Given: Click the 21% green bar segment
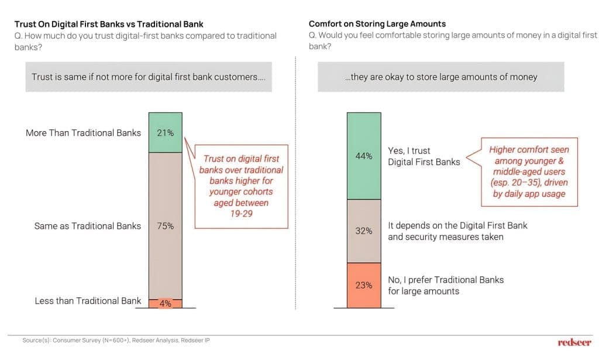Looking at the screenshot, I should (x=166, y=132).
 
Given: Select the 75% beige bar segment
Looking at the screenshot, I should (x=166, y=225).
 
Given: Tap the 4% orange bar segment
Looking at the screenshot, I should (x=166, y=303).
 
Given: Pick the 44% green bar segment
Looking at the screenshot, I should (x=363, y=156).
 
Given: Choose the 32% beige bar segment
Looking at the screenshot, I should (x=363, y=231).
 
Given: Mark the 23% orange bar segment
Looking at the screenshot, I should (x=363, y=285).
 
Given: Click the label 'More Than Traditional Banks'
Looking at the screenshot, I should (x=83, y=133).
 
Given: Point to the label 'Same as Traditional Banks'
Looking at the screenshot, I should (x=88, y=226).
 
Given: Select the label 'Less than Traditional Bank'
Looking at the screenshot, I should (x=88, y=301).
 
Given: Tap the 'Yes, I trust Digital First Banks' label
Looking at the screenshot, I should (x=424, y=156).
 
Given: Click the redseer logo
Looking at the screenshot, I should (x=574, y=342).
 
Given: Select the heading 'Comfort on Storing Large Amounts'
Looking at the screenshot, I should (x=377, y=24).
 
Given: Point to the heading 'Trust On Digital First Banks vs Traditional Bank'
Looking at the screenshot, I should (x=109, y=24).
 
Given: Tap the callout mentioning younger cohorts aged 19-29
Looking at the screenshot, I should (x=240, y=186).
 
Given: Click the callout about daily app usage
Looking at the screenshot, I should (x=529, y=172).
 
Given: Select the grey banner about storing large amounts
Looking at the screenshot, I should (x=441, y=77).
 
